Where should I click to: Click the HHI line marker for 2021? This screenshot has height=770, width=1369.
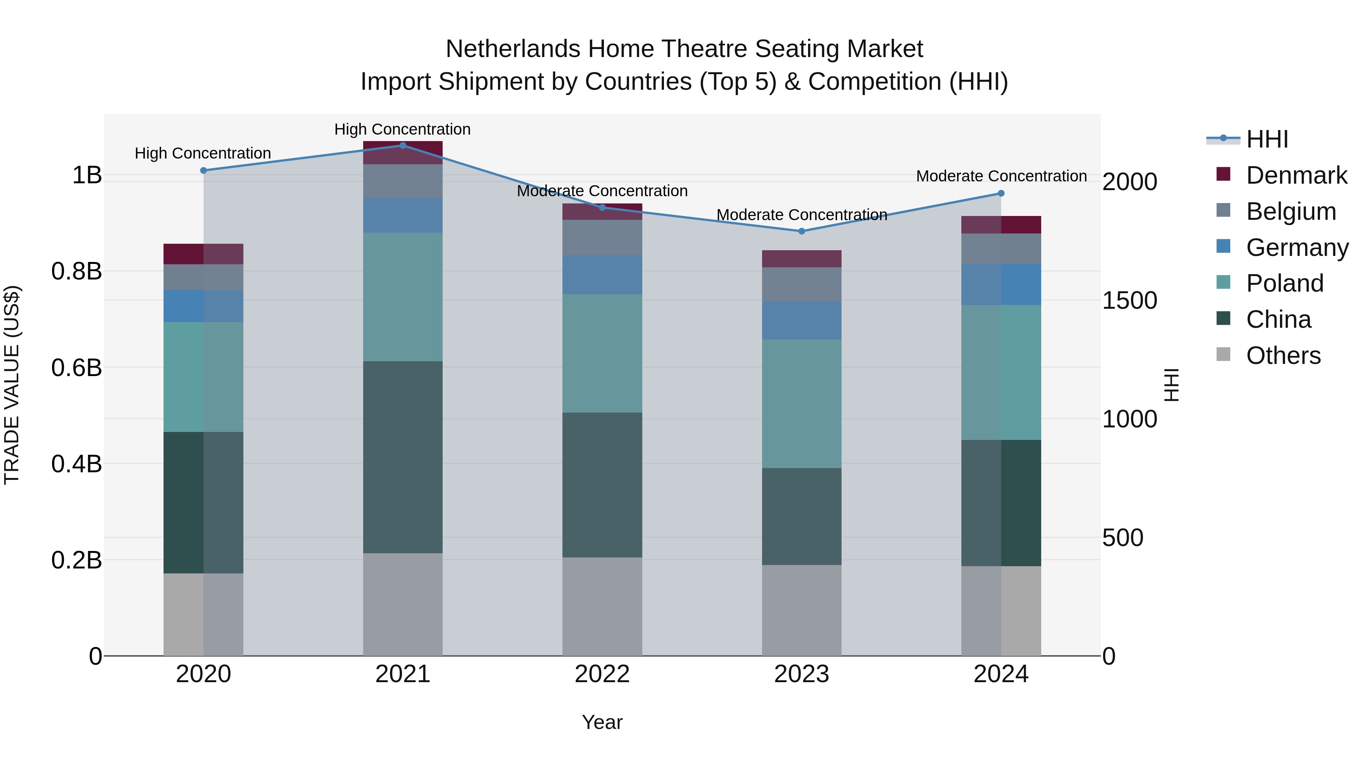tap(403, 146)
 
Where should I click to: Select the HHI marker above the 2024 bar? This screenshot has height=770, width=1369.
tap(1001, 194)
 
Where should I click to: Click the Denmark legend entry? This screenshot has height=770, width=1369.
tap(1296, 175)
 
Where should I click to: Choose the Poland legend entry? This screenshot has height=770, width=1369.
tap(1285, 283)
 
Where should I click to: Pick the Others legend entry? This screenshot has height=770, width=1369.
tap(1283, 356)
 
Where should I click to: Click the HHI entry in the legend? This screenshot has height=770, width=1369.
tap(1267, 139)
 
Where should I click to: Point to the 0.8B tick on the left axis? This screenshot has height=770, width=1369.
tap(76, 271)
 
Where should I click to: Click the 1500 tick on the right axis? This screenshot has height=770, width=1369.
tap(1129, 301)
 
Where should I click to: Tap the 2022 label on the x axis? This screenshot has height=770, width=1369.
tap(602, 674)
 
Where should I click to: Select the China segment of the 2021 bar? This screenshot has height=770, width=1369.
tap(403, 457)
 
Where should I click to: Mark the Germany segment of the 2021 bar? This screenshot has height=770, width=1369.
tap(403, 215)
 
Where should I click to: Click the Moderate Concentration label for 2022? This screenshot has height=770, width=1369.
tap(602, 191)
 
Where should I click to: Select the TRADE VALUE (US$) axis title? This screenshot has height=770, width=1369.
tap(12, 385)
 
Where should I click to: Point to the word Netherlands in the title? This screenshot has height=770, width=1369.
tap(513, 49)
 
